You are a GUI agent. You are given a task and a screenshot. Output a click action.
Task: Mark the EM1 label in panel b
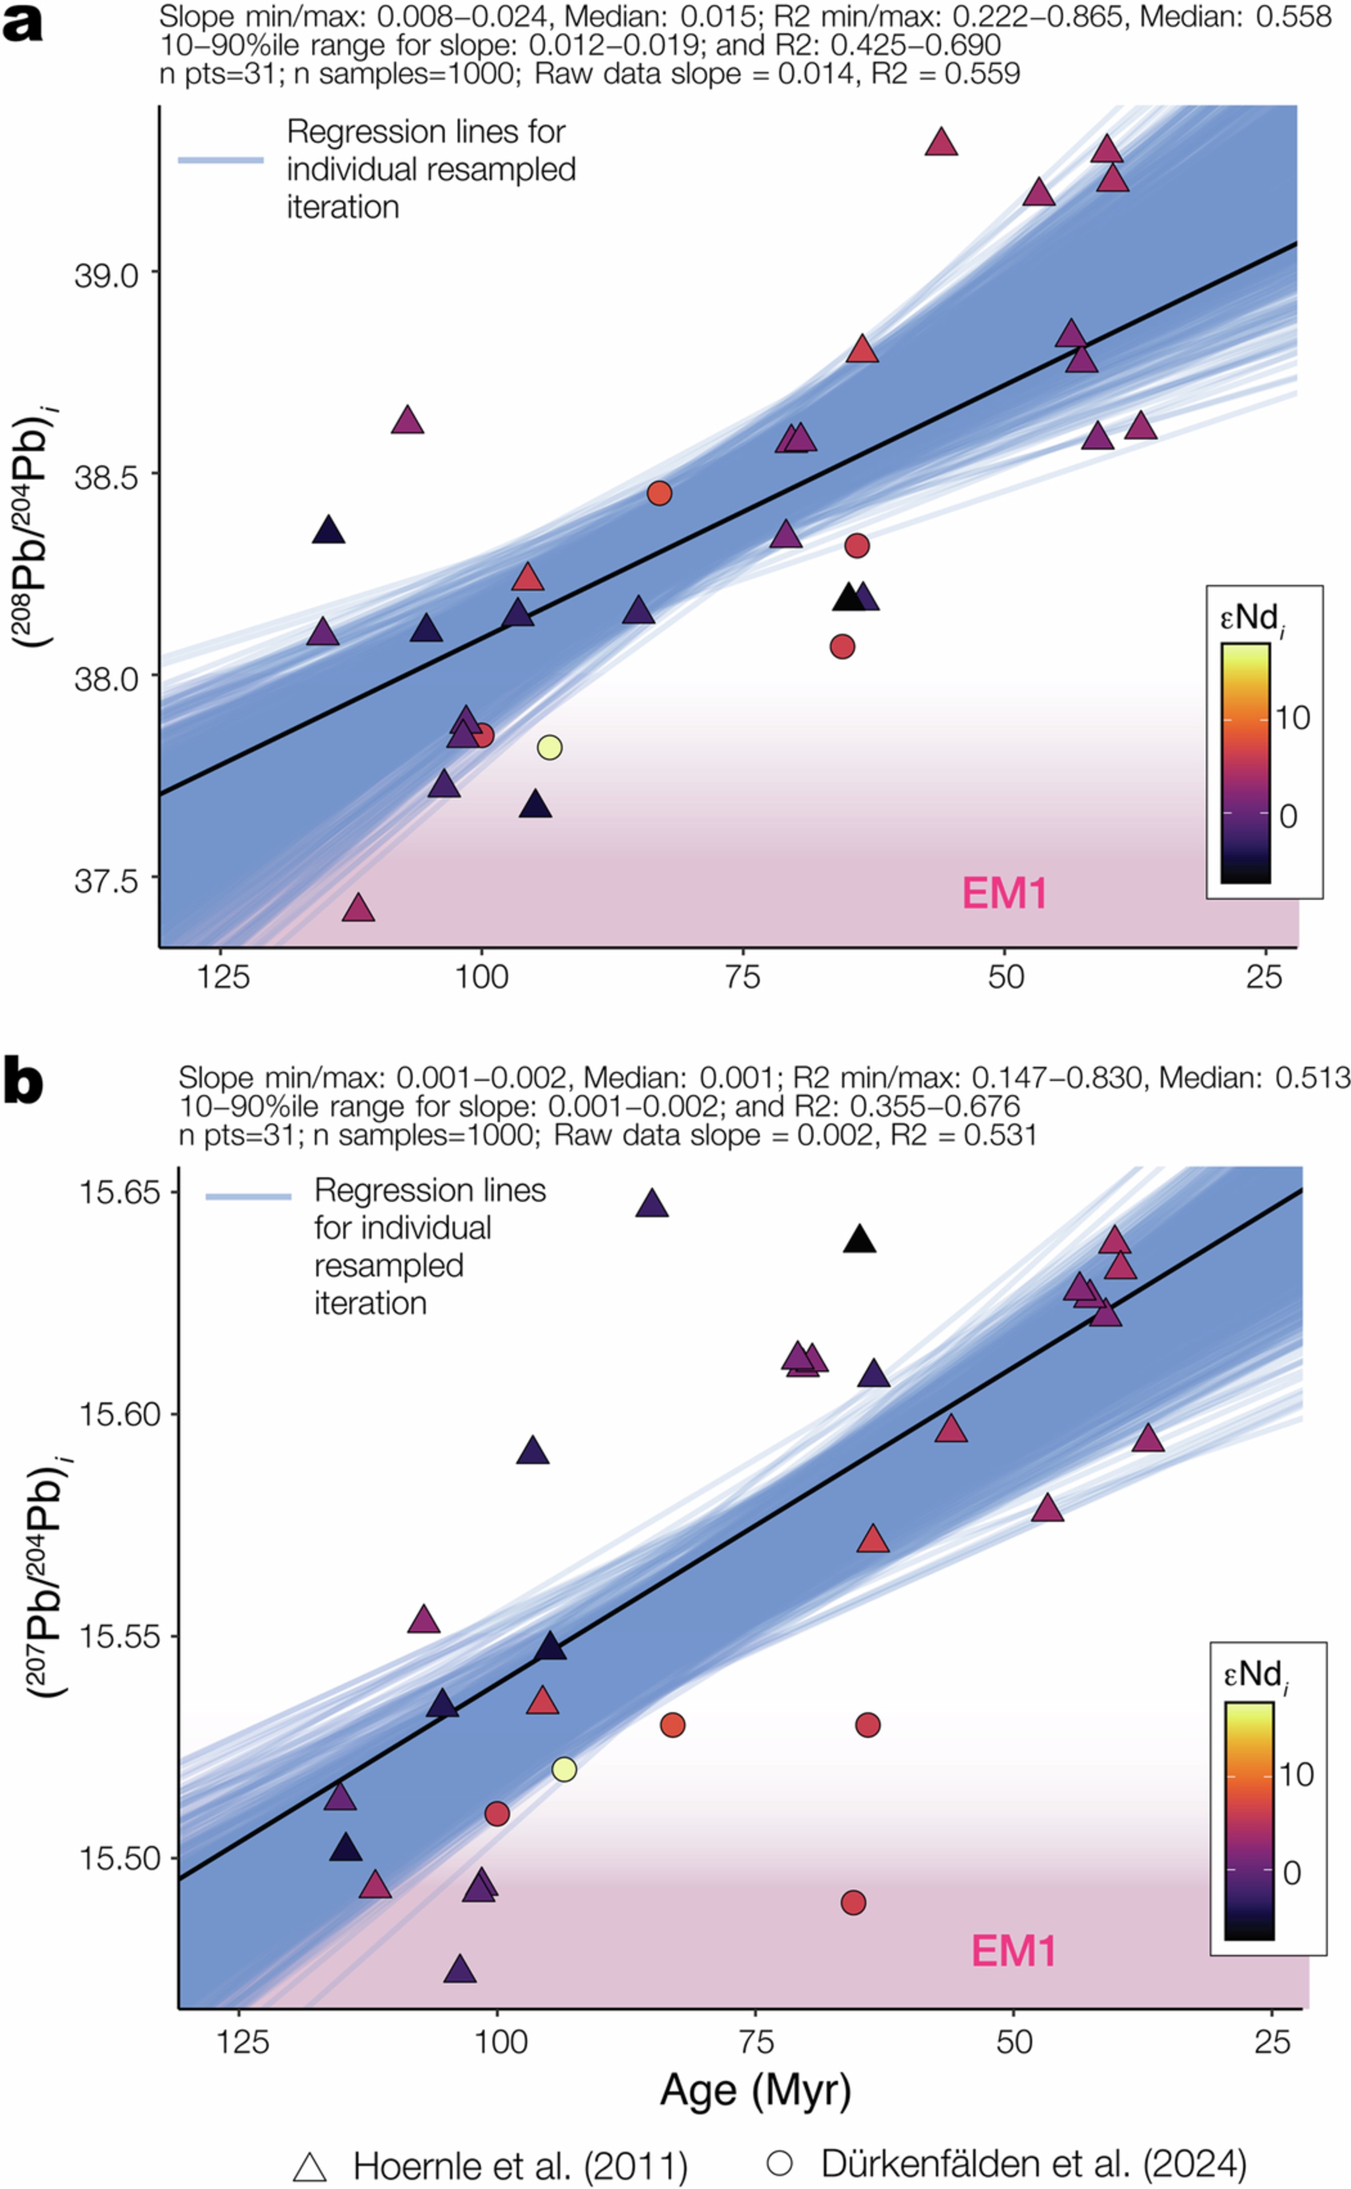click(1013, 1951)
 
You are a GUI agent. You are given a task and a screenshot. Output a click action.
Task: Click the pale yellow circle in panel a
click(550, 747)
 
